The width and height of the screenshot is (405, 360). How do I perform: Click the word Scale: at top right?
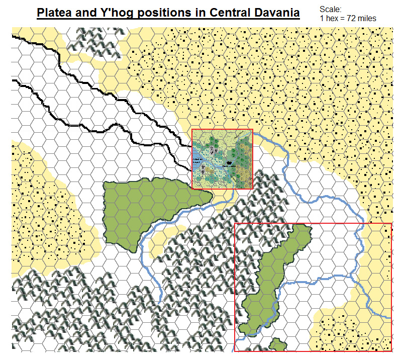pyautogui.click(x=330, y=9)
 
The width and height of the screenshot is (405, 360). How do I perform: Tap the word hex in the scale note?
pyautogui.click(x=332, y=18)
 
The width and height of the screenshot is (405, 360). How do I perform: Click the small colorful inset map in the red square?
pyautogui.click(x=222, y=159)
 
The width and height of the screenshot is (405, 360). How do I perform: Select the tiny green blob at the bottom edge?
pyautogui.click(x=276, y=345)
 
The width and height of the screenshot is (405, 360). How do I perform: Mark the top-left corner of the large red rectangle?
pyautogui.click(x=235, y=223)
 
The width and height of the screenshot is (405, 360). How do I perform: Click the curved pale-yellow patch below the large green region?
pyautogui.click(x=163, y=236)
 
